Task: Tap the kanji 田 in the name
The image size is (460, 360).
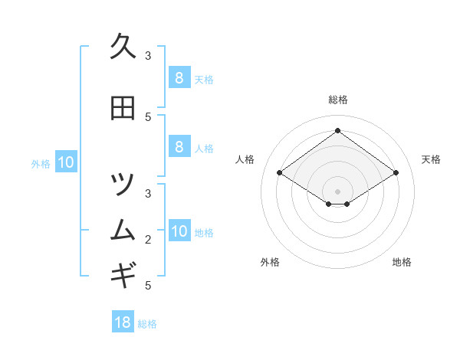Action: coord(123,109)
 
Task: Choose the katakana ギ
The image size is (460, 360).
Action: coord(123,273)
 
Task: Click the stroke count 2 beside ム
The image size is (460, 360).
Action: coord(148,240)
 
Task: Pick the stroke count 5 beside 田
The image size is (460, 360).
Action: coord(148,116)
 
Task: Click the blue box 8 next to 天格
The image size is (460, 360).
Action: coord(179,77)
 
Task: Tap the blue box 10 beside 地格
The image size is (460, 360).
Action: coord(179,231)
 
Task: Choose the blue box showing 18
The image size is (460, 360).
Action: coord(123,322)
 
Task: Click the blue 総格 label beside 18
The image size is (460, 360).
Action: coord(147,324)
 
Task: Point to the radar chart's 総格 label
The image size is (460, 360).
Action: coord(338,100)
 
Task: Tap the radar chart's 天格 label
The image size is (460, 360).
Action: coord(431,159)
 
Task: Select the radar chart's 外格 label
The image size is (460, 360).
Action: coord(270,262)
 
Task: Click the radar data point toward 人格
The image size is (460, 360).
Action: coord(280,173)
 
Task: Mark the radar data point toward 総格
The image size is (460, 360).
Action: coord(338,130)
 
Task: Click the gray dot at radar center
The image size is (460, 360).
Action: coord(338,191)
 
